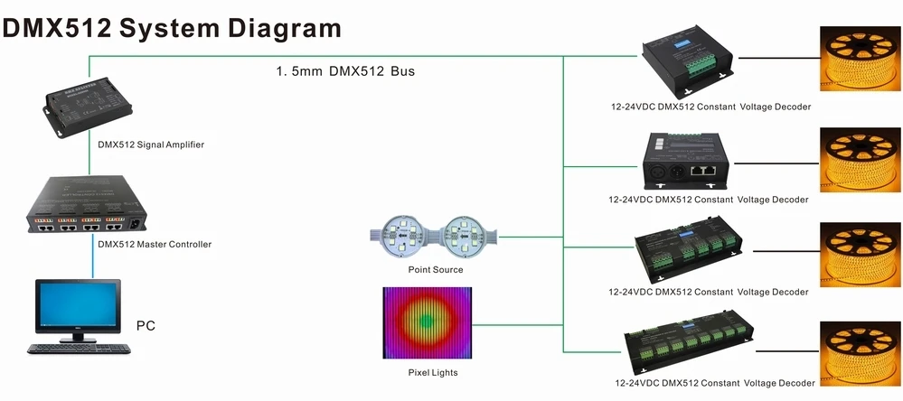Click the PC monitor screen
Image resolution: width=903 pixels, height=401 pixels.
(x=77, y=306)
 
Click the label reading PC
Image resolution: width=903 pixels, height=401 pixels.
(x=146, y=325)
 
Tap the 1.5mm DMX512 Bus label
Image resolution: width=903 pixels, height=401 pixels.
(x=345, y=70)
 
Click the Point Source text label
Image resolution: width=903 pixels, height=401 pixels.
(x=435, y=270)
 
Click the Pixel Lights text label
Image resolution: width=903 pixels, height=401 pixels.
(x=433, y=372)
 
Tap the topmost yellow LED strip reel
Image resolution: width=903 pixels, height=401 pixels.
(x=860, y=58)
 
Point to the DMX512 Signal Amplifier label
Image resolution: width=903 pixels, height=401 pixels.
(x=150, y=144)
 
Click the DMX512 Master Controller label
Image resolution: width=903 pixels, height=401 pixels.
(x=155, y=244)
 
